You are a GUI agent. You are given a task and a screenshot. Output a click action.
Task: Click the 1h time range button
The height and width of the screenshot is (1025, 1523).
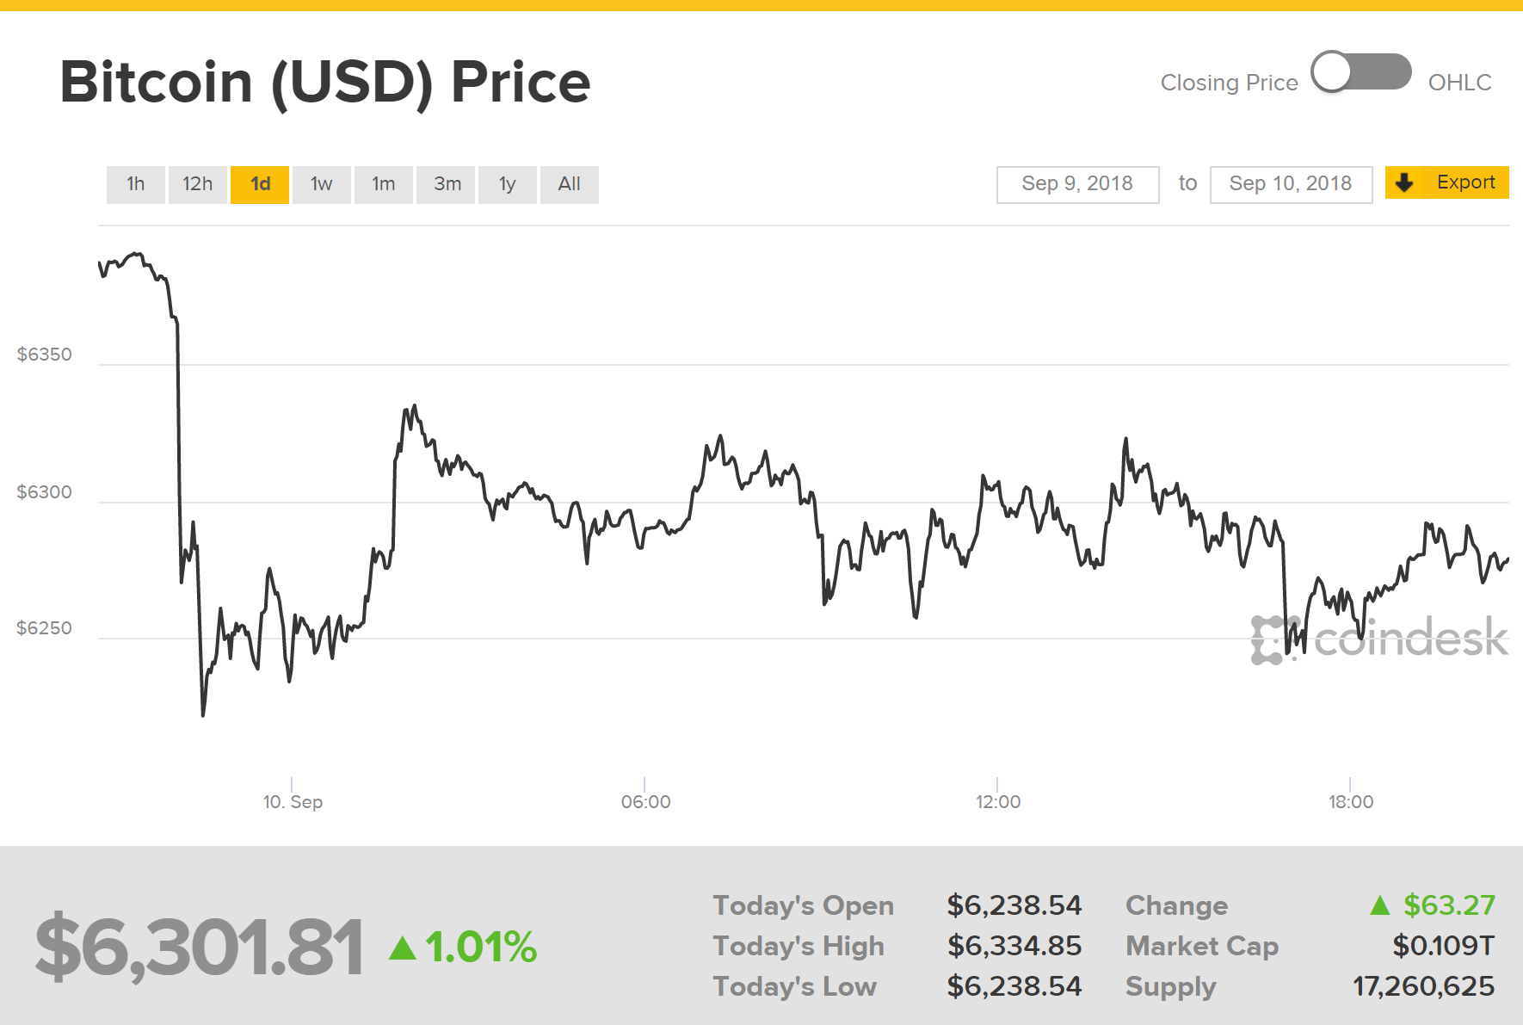click(x=135, y=184)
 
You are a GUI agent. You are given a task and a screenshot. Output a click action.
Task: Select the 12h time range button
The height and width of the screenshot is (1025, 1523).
click(x=197, y=184)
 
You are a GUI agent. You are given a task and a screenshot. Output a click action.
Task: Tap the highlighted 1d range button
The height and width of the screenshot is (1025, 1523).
click(x=260, y=184)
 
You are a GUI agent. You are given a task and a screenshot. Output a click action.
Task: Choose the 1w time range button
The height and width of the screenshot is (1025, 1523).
click(x=321, y=184)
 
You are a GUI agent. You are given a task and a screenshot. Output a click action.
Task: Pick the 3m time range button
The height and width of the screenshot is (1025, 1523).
click(x=447, y=184)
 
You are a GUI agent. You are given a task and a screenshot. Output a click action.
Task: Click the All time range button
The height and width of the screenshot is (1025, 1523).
click(x=569, y=184)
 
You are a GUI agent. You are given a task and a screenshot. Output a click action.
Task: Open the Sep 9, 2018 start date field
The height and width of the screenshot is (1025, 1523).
click(x=1077, y=184)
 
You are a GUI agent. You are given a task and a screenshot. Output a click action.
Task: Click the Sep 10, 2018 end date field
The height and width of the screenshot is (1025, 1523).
click(x=1290, y=184)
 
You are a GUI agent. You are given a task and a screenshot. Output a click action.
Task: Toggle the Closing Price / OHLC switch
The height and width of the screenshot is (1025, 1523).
click(x=1360, y=72)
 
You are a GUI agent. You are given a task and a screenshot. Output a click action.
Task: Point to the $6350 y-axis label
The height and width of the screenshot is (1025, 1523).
click(x=45, y=355)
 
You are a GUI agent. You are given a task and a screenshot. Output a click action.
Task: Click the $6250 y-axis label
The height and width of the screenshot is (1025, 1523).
click(x=45, y=628)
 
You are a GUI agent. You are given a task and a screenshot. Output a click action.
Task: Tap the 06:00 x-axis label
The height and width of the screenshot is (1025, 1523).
click(x=645, y=802)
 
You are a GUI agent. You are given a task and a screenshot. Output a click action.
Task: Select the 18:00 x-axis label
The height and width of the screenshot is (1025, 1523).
click(x=1350, y=802)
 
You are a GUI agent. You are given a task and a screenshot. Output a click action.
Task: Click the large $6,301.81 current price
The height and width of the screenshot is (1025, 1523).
click(x=199, y=948)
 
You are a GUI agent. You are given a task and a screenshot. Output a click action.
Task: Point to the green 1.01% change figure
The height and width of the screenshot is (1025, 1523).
click(x=480, y=948)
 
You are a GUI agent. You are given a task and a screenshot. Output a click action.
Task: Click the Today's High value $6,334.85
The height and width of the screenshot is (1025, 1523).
click(x=1014, y=946)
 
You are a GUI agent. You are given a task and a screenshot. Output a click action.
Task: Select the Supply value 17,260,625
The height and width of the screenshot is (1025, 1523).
click(x=1423, y=986)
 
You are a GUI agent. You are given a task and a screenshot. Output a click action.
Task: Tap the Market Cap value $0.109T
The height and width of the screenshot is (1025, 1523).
click(x=1443, y=946)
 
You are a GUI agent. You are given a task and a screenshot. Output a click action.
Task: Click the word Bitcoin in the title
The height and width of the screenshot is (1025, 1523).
click(x=157, y=83)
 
